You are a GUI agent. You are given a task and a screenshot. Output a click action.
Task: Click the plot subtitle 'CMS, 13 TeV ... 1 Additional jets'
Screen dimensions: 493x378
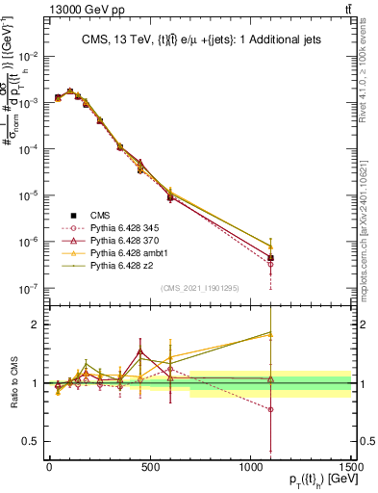click(x=200, y=39)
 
